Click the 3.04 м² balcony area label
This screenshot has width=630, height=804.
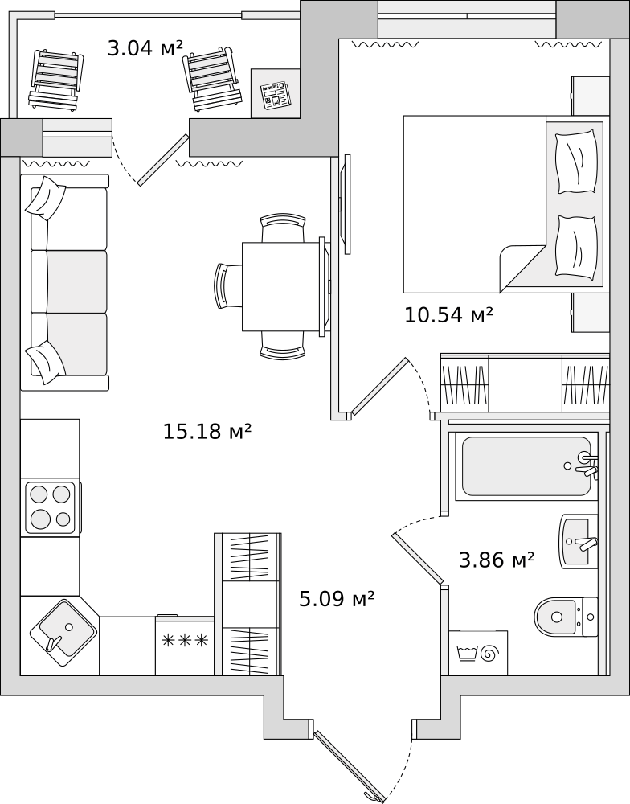[x=145, y=49]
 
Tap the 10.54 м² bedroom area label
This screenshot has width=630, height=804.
[x=448, y=315]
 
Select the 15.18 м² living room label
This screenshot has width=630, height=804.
[x=207, y=431]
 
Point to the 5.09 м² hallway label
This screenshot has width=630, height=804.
[x=337, y=598]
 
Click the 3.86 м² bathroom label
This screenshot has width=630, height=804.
[x=497, y=560]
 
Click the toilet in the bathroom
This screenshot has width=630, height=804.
[x=566, y=617]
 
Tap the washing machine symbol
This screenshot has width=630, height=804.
[x=478, y=653]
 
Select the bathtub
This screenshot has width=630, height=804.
[x=527, y=466]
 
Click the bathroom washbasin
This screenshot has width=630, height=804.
[x=579, y=541]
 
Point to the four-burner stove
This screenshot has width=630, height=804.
[x=50, y=507]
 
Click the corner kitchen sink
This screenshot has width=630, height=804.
[x=62, y=632]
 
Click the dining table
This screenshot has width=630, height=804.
[x=284, y=287]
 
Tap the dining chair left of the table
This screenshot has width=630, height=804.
[x=228, y=285]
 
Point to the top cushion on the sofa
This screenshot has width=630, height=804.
[x=46, y=195]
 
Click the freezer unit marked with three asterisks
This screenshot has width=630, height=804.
[x=185, y=645]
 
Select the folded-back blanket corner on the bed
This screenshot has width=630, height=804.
[x=522, y=265]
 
